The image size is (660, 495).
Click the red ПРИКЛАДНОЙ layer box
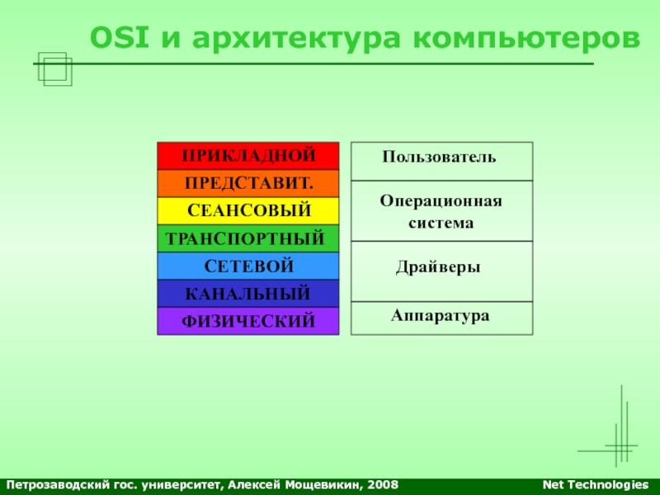coord(248,156)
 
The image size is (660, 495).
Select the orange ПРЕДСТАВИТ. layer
coord(248,183)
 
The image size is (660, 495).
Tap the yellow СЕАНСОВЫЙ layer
coord(248,211)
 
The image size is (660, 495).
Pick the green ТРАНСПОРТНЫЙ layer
coord(248,238)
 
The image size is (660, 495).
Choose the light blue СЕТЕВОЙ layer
coord(248,266)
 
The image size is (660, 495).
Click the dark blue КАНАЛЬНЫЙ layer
coord(248,294)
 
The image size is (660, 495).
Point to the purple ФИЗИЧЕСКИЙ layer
coord(248,321)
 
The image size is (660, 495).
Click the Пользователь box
coord(442,162)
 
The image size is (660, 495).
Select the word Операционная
coord(441,201)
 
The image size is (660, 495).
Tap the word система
coord(441,223)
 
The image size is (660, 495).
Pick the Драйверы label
coord(438,267)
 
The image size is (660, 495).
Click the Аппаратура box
coord(442,318)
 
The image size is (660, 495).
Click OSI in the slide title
coord(120,37)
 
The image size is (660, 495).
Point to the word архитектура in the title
coord(297,40)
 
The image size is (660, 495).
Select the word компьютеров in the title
coord(526,40)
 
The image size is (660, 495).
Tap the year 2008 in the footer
coord(383,485)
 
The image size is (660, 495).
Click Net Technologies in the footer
coord(596,485)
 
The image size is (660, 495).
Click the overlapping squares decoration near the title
coord(55,69)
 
